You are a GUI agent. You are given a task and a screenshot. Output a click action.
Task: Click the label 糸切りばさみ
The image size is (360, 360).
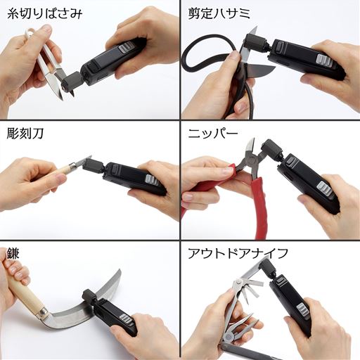coord(45,13)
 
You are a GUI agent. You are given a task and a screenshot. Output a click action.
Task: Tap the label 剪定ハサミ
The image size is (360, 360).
coord(219,13)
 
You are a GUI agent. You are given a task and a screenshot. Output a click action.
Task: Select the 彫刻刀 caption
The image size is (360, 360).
coord(25,134)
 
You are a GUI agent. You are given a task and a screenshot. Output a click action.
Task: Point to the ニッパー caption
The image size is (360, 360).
coord(213,134)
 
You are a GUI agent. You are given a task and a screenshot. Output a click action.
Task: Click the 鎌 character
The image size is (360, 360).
coord(13,253)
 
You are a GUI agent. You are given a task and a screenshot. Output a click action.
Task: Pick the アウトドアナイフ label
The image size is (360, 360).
coord(238,253)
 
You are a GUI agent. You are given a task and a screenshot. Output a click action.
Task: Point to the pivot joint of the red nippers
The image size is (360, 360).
coord(250,160)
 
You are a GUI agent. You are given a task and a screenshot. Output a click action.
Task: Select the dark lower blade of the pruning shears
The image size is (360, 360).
coord(259,70)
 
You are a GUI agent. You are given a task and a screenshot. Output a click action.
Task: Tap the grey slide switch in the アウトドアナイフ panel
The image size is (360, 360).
coord(303,309)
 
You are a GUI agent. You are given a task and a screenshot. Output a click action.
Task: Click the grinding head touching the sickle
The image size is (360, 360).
coord(89,297)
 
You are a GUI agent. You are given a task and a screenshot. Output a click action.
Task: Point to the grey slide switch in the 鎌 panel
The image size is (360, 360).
coord(127,320)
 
